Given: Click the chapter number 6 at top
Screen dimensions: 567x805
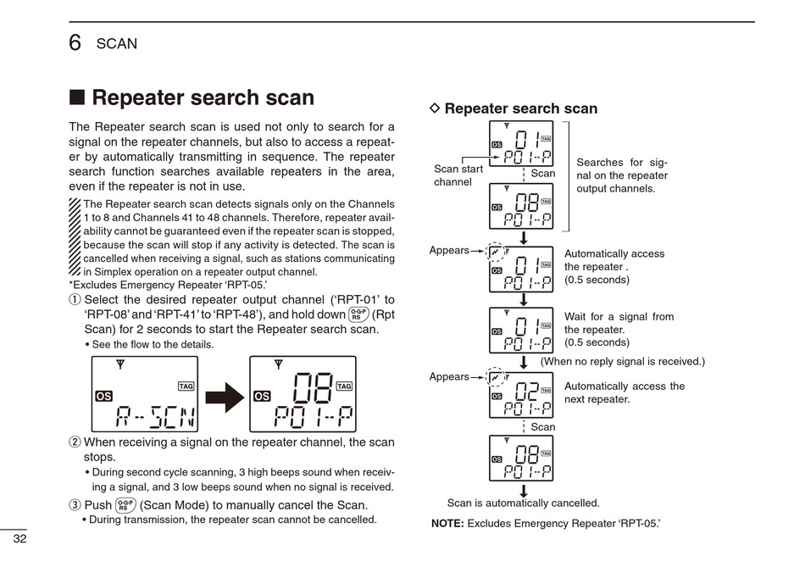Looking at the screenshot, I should click(75, 42).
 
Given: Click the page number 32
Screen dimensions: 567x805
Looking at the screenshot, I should click(19, 540).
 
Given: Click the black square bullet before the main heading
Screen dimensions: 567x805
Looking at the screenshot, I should click(77, 98).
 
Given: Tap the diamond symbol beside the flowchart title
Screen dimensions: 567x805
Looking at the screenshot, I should click(436, 108).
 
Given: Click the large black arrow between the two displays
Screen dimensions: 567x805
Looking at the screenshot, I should click(225, 396).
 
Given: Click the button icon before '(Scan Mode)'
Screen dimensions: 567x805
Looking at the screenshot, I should click(125, 505).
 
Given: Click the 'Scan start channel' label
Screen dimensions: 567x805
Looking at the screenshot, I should click(458, 175).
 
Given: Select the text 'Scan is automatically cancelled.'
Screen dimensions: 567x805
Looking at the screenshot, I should click(523, 503).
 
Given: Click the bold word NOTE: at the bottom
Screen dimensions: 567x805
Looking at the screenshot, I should click(447, 524).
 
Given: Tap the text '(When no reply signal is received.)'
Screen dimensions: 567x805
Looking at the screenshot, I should click(622, 361).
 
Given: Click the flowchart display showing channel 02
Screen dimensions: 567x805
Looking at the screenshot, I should click(521, 395).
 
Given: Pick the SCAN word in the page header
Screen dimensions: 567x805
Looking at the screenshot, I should click(116, 43).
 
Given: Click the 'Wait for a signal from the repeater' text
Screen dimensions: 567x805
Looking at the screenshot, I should click(619, 330).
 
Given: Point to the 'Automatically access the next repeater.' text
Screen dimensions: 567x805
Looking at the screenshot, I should click(625, 392).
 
